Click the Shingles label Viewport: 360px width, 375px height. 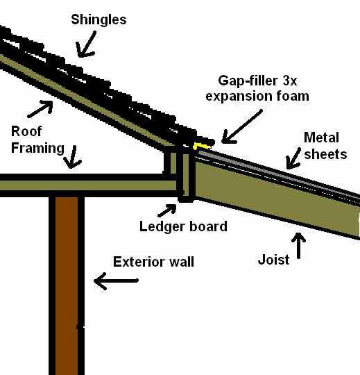[x=98, y=19]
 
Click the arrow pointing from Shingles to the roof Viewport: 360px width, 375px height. [x=87, y=46]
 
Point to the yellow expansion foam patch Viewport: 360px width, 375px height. [x=201, y=146]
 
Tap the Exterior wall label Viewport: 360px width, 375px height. [x=153, y=262]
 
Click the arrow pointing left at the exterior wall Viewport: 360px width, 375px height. [x=116, y=281]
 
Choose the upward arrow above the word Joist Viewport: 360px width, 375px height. [x=300, y=247]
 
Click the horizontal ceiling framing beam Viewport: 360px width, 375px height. [x=83, y=185]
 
